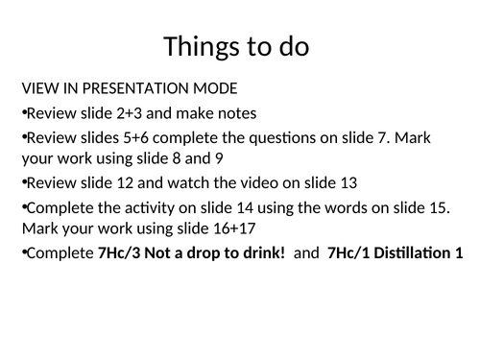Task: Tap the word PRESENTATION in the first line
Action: click(128, 89)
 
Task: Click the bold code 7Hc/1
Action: click(348, 253)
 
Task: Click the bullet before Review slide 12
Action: click(23, 182)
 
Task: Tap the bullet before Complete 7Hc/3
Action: click(23, 253)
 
